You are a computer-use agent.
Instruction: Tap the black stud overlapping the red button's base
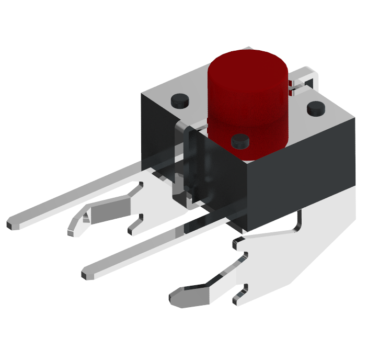click(x=240, y=141)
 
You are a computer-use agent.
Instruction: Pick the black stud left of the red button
click(x=180, y=99)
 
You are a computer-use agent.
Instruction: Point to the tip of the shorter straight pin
click(x=87, y=273)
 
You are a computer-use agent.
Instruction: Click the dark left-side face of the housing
click(x=157, y=136)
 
